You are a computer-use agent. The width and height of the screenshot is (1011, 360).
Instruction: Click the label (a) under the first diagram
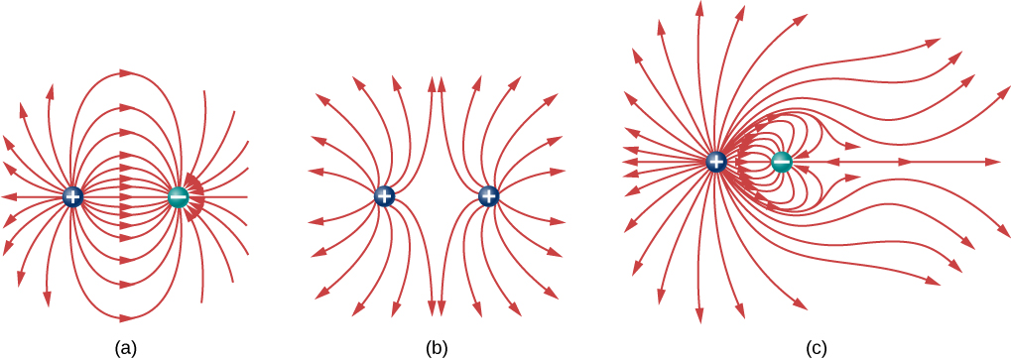pos(125,348)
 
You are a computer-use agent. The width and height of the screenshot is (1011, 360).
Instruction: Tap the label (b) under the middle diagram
pos(436,348)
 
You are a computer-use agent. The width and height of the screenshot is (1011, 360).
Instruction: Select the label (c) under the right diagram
pos(815,348)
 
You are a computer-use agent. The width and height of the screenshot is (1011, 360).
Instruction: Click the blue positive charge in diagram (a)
pos(72,196)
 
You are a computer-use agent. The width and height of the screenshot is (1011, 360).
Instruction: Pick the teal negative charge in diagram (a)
pos(179,196)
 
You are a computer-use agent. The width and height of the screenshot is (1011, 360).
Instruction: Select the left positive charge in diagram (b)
pos(384,196)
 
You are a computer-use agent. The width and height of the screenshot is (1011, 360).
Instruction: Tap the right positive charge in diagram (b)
pos(487,196)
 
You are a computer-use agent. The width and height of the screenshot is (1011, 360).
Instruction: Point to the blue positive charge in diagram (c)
pos(717,161)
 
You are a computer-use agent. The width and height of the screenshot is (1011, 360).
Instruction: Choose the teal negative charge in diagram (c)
pos(782,161)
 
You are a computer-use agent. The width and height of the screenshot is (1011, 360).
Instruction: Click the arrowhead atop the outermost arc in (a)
pos(126,72)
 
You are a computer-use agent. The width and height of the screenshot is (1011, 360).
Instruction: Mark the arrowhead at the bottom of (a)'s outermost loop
pos(126,318)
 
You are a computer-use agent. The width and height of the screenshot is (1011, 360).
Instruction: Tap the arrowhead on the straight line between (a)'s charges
pos(126,196)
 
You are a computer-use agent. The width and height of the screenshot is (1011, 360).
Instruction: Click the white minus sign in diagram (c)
pos(782,161)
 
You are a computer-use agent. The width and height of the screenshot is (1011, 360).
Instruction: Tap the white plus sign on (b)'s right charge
pos(487,196)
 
